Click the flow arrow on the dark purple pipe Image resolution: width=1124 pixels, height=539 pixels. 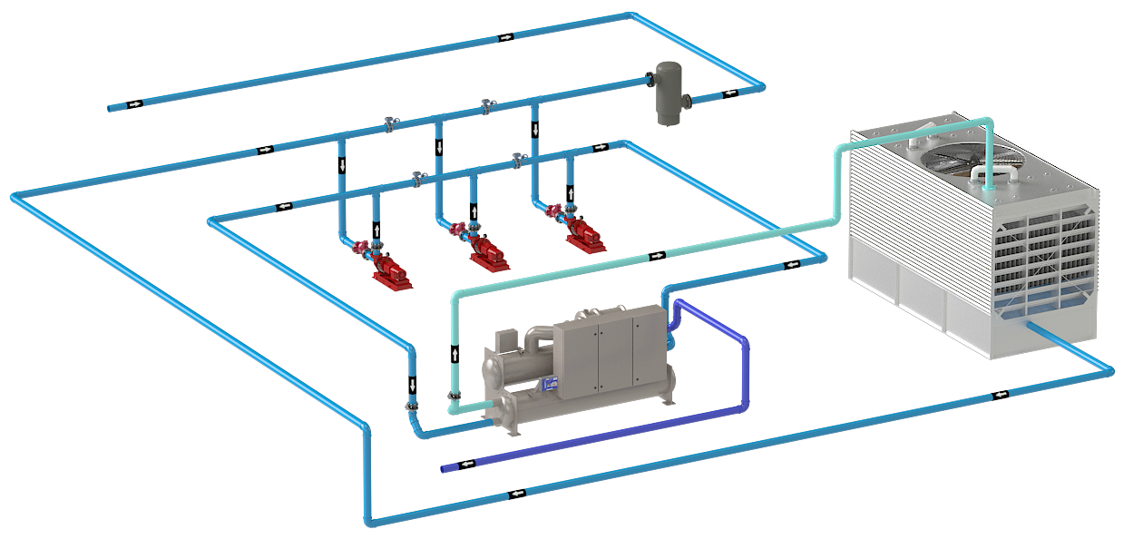coord(468,464)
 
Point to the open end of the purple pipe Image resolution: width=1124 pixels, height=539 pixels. coord(444,469)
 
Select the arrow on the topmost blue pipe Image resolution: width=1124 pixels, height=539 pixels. coord(505,37)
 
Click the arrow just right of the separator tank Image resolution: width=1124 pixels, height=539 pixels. coord(728,93)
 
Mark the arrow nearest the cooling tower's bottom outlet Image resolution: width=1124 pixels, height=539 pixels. coord(1000,394)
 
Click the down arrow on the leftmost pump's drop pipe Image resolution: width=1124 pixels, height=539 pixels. coord(342,165)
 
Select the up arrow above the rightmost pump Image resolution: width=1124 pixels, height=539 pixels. coord(570,193)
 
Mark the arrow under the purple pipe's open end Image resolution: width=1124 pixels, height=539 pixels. coord(517,494)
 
